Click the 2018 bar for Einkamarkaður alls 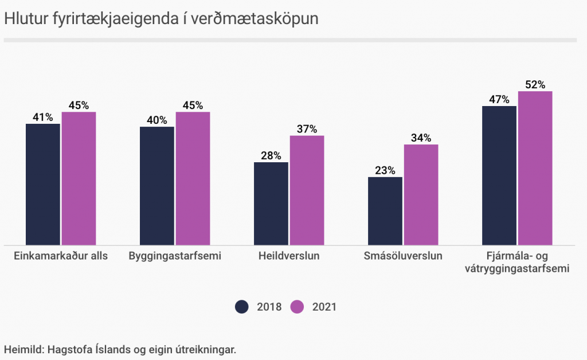click(43, 184)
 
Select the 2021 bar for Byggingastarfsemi click(193, 178)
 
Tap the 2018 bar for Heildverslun click(271, 204)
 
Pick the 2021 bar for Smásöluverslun click(421, 195)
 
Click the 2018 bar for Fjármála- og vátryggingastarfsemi click(499, 175)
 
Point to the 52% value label click(535, 85)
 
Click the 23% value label click(385, 170)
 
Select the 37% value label click(307, 129)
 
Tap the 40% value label click(157, 120)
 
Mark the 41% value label click(43, 117)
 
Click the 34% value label click(421, 138)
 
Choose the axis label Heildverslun click(289, 256)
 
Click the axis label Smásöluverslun click(403, 256)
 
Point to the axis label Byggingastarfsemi click(175, 256)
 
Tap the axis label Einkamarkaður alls click(61, 256)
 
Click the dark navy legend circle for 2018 click(242, 307)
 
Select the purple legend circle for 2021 click(297, 307)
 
